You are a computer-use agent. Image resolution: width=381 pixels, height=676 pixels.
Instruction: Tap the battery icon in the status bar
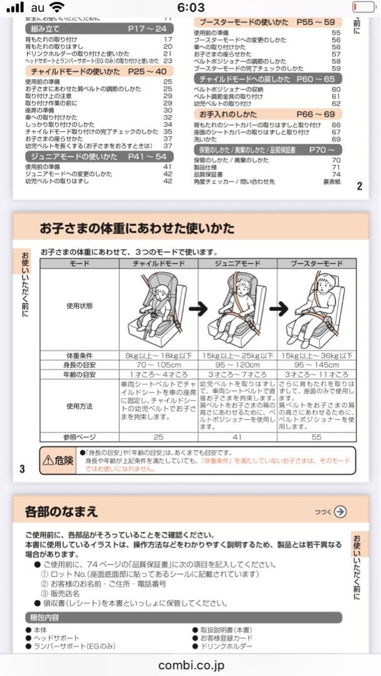(x=362, y=8)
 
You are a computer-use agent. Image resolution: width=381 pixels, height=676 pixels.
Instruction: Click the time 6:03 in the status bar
(x=190, y=8)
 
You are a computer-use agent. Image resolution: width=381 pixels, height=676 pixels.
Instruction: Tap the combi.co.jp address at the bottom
(x=190, y=665)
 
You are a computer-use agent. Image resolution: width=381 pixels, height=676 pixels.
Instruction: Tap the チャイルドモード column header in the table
(x=159, y=264)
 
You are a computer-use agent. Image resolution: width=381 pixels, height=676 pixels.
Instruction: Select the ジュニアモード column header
(x=237, y=264)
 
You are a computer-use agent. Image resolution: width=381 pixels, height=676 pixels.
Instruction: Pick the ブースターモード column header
(x=316, y=264)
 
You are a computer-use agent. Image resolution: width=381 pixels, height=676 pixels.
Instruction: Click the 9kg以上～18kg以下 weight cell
(x=159, y=355)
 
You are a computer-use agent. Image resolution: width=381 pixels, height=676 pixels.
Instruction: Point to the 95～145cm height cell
(x=316, y=364)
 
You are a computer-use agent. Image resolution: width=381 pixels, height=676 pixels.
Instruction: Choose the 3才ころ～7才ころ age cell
(x=237, y=374)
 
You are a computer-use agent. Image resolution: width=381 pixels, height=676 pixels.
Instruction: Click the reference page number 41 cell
(x=237, y=437)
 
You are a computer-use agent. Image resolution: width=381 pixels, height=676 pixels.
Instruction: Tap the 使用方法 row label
(x=80, y=406)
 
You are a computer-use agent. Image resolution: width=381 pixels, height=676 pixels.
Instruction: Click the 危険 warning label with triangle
(x=58, y=460)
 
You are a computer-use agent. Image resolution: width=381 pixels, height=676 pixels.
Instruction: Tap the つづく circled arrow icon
(x=340, y=511)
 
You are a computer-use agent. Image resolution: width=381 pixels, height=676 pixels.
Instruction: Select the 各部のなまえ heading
(x=61, y=511)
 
